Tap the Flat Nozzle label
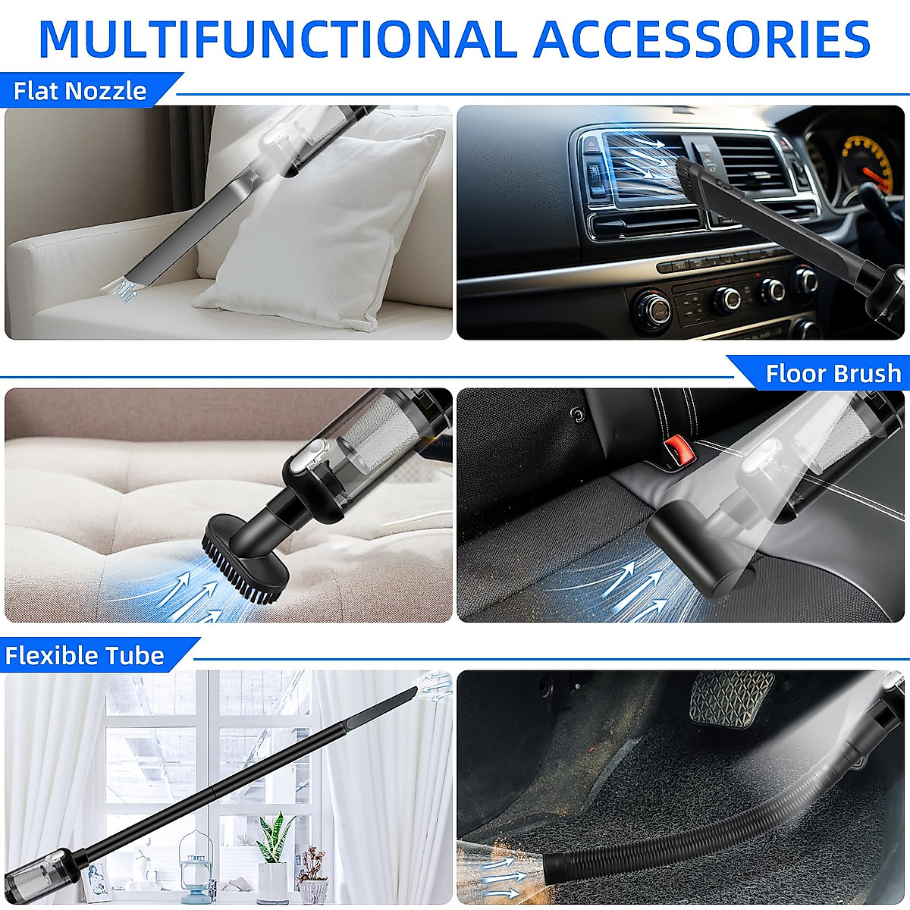pyautogui.click(x=80, y=91)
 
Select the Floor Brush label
pyautogui.click(x=833, y=373)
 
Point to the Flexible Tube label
pyautogui.click(x=85, y=655)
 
